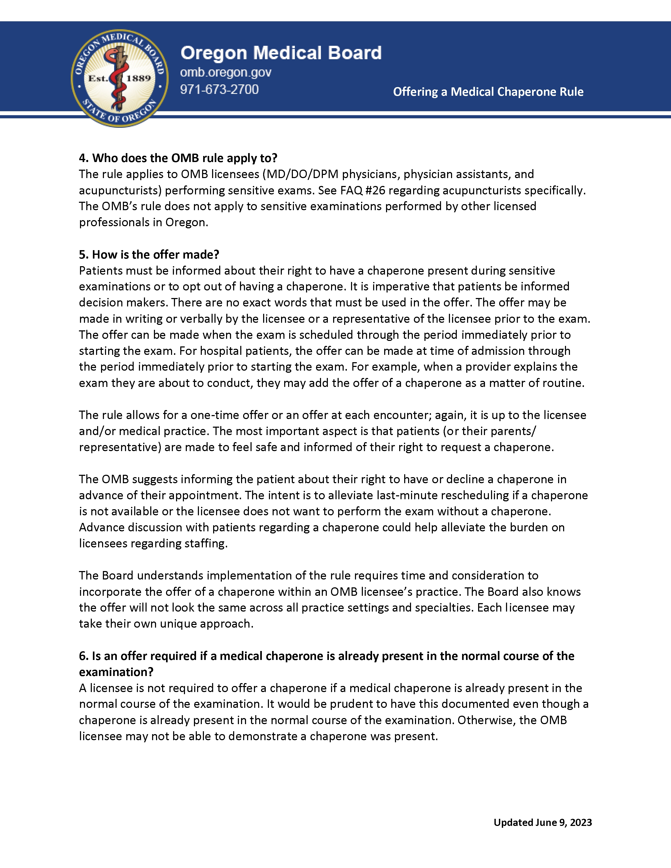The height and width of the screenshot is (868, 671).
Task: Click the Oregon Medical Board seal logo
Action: tap(119, 78)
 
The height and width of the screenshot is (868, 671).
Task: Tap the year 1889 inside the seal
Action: tap(138, 78)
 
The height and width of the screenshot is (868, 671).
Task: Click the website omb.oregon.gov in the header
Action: tap(226, 72)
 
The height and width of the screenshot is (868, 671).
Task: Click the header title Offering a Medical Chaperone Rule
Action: tap(488, 92)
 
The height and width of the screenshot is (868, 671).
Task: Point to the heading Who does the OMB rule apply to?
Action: tap(178, 158)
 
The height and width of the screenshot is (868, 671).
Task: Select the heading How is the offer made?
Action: tap(149, 254)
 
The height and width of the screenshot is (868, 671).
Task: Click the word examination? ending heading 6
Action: tap(116, 672)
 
